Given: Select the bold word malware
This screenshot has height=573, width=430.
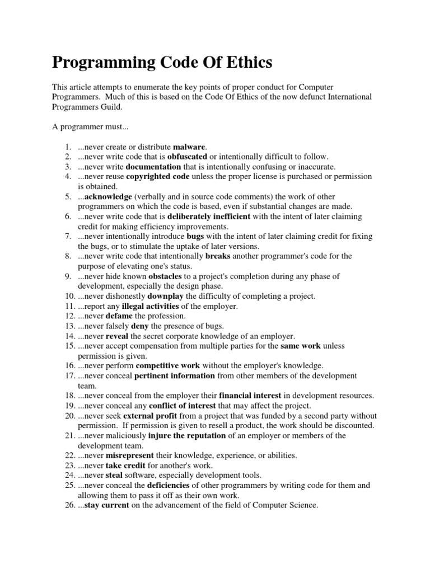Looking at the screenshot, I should click(190, 147).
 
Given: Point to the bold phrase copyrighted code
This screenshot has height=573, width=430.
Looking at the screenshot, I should click(158, 177).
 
